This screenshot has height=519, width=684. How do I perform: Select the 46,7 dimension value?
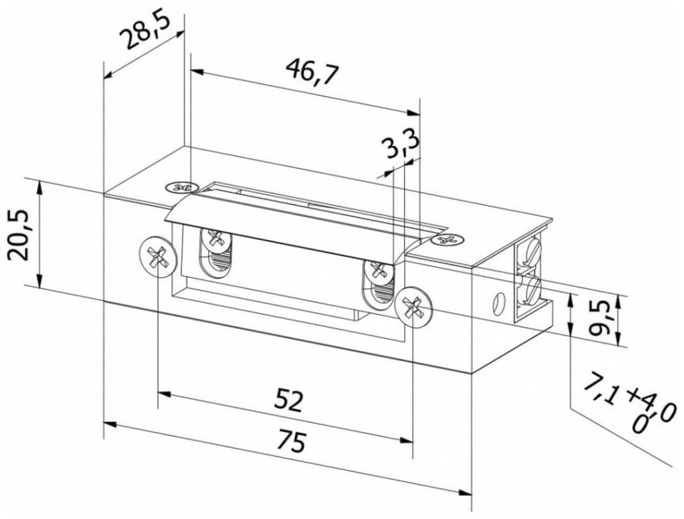point(312,71)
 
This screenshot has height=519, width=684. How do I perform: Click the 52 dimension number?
point(288,401)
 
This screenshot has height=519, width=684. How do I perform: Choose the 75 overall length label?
point(291,441)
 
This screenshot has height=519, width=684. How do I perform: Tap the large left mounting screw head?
point(158,258)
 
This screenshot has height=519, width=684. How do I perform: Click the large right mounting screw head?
point(413,308)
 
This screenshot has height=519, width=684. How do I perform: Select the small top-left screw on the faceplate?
point(180,187)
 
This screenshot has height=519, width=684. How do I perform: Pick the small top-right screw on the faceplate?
point(446,240)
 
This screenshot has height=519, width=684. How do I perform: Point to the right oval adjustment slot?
point(378,285)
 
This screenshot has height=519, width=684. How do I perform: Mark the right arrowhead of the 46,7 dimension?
point(413,113)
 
